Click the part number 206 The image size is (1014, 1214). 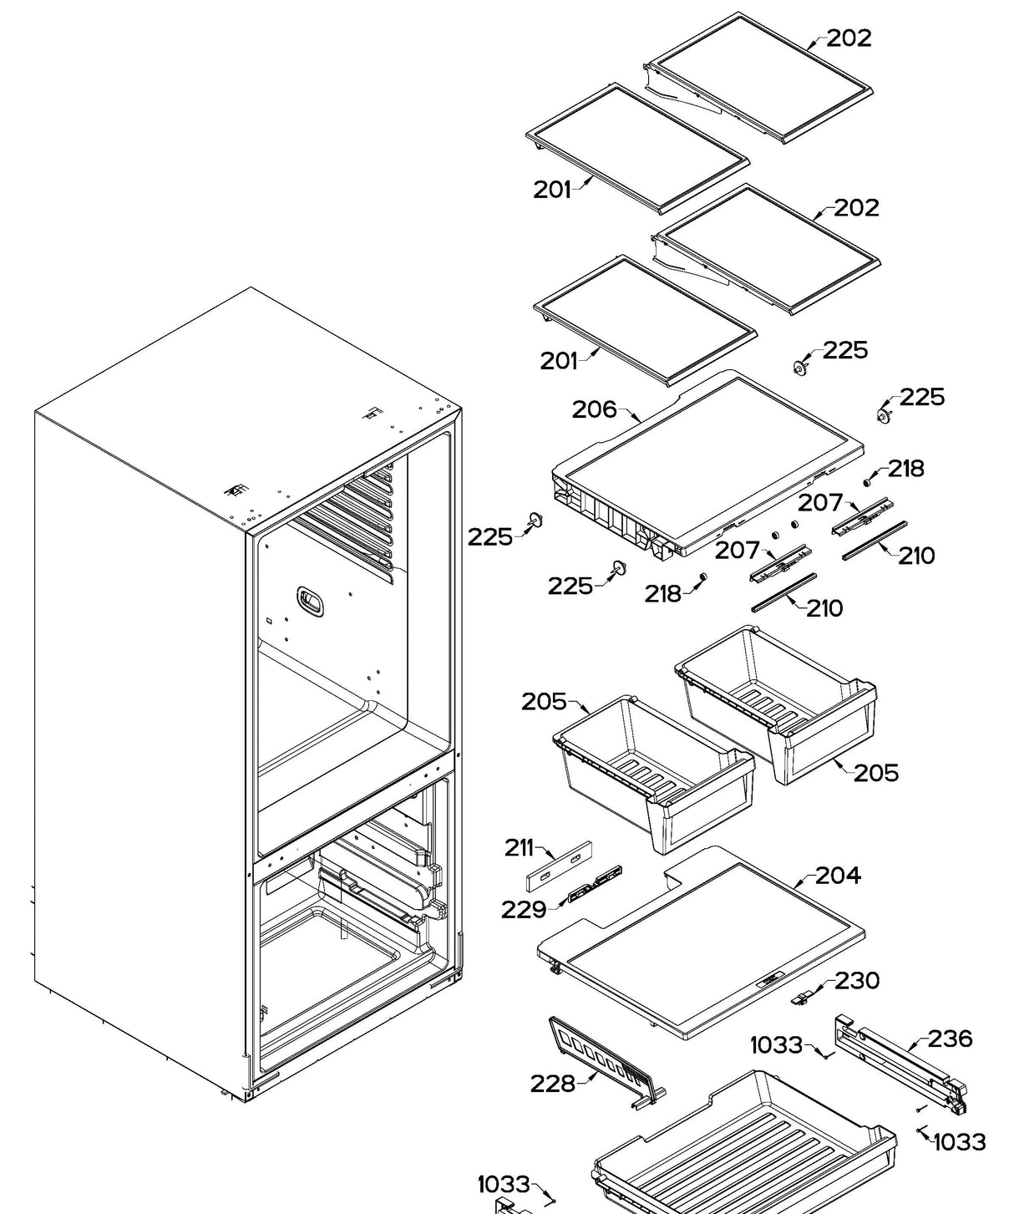click(594, 409)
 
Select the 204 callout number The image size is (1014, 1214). click(838, 876)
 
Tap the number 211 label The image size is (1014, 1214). click(519, 847)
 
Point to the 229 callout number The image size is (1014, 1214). click(524, 909)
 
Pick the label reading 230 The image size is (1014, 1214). click(857, 980)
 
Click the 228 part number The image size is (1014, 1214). click(552, 1084)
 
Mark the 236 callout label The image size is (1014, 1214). click(951, 1039)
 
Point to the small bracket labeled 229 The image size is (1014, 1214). click(595, 884)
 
